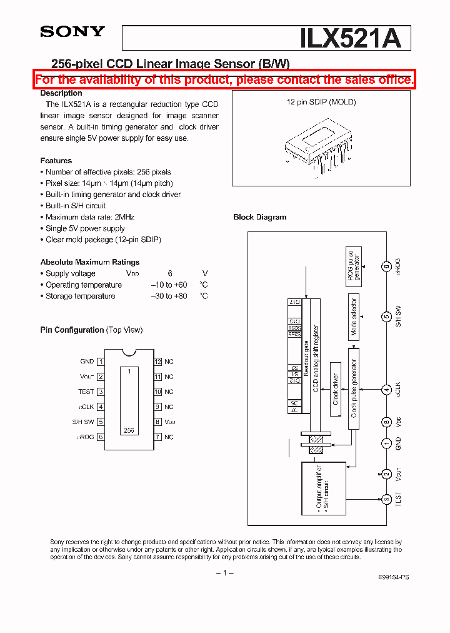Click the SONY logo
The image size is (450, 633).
click(72, 33)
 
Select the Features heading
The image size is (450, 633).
click(56, 161)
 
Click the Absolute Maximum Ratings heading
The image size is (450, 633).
click(90, 262)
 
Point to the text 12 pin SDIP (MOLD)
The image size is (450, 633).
click(321, 102)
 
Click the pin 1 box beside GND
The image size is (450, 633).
click(101, 362)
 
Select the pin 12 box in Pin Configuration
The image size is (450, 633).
click(158, 362)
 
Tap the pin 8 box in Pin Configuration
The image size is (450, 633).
click(158, 422)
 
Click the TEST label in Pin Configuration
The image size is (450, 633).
click(86, 392)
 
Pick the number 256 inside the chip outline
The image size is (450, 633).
click(129, 430)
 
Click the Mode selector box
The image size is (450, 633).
click(354, 316)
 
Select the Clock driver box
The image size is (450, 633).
click(336, 390)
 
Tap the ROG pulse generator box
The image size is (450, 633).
click(354, 266)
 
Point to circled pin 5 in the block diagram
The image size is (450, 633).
click(387, 316)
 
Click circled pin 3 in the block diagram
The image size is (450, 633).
click(387, 499)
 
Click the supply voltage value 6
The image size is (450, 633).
click(169, 273)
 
